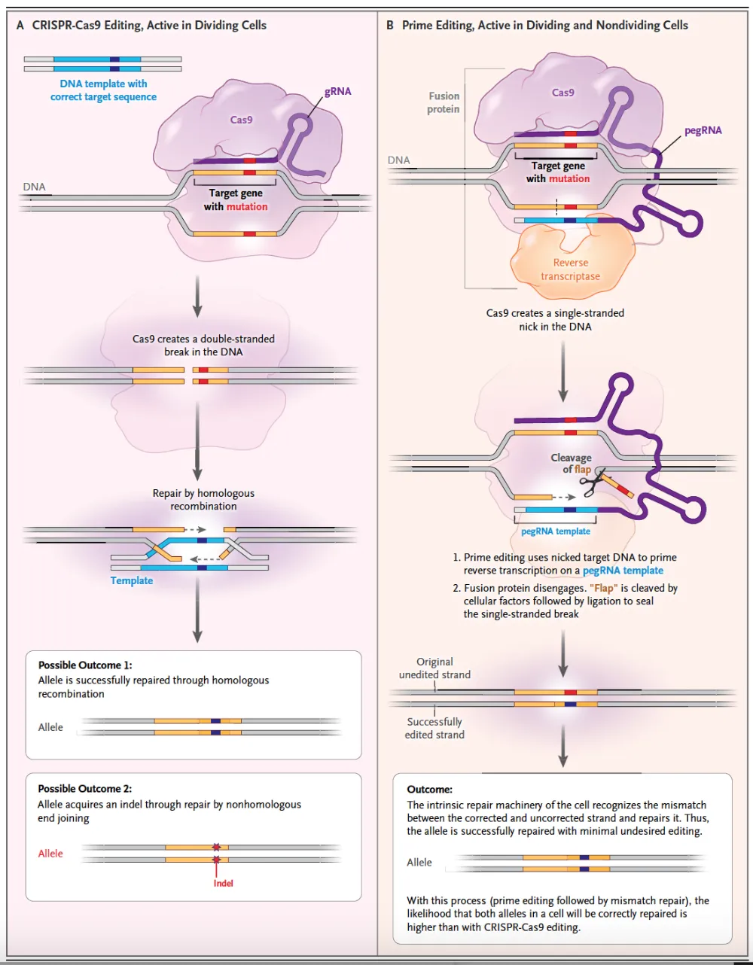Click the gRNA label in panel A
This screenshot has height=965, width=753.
pos(337,91)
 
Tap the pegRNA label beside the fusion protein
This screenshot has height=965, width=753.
pos(703,130)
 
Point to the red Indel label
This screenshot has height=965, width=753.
pos(223,883)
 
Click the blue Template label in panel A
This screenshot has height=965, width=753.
pos(132,580)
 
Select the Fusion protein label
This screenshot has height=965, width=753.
pos(444,102)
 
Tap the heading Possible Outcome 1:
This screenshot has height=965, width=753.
pos(85,665)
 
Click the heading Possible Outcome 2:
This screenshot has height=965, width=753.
pos(85,789)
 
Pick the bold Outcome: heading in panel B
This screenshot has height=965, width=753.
pos(430,790)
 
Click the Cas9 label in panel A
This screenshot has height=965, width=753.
pos(241,120)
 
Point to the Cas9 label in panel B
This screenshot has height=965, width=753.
pos(562,93)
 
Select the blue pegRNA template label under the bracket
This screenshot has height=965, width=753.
pos(556,531)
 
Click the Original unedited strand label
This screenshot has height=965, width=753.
pos(434,668)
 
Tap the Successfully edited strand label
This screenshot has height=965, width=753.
pos(434,728)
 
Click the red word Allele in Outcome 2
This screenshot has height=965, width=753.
pos(50,854)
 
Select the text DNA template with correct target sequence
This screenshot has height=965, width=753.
pos(104,90)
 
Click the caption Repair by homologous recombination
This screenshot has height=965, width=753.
pos(203,500)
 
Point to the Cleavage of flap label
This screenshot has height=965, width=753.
pos(572,463)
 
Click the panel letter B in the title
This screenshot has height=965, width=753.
pos(390,25)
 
